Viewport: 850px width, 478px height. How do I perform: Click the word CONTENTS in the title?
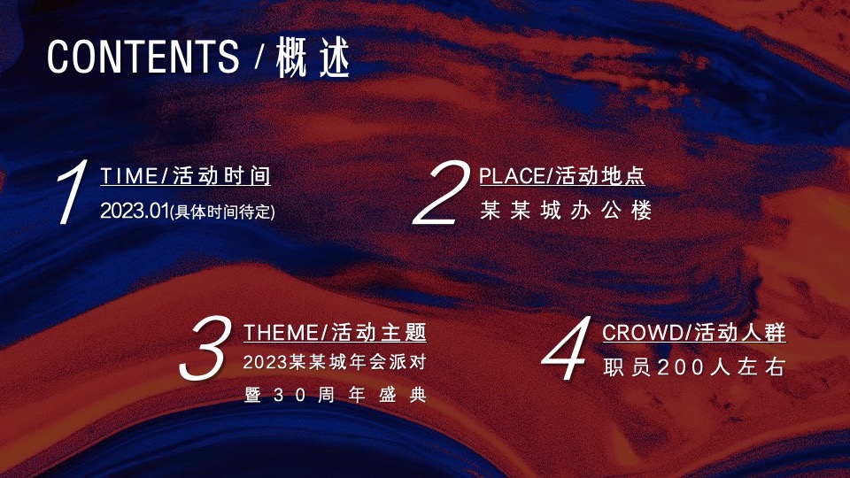pyautogui.click(x=143, y=57)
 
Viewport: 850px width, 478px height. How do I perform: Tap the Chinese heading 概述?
pyautogui.click(x=313, y=58)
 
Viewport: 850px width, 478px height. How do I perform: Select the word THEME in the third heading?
pyautogui.click(x=281, y=333)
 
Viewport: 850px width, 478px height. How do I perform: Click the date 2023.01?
pyautogui.click(x=134, y=212)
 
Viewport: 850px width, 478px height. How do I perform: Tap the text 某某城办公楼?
pyautogui.click(x=566, y=212)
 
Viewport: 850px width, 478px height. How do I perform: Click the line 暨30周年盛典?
pyautogui.click(x=336, y=395)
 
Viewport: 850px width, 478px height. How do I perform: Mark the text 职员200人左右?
pyautogui.click(x=694, y=367)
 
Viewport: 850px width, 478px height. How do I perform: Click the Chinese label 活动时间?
pyautogui.click(x=221, y=176)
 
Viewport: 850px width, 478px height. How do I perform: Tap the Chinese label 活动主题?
pyautogui.click(x=379, y=333)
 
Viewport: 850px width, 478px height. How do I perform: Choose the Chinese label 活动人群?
pyautogui.click(x=740, y=333)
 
